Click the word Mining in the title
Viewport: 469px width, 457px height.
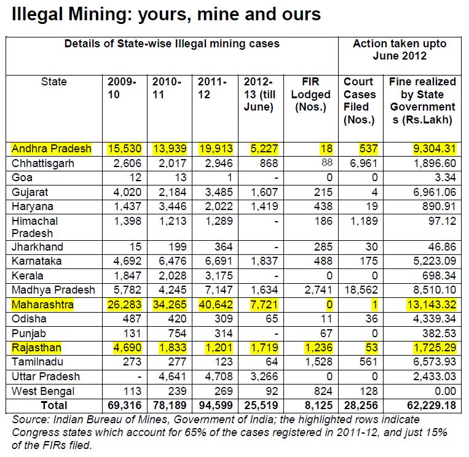point(100,15)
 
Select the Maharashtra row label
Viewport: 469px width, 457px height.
point(42,305)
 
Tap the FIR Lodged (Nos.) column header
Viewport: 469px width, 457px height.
point(311,94)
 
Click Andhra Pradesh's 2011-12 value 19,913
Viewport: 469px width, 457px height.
point(216,149)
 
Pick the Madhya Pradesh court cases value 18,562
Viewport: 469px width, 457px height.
point(361,290)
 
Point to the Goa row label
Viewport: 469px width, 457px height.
point(22,178)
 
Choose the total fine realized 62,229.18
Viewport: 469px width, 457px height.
point(432,405)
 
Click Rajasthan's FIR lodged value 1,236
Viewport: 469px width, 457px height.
point(318,348)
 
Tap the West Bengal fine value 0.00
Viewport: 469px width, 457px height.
point(446,391)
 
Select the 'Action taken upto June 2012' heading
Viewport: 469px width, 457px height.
point(400,50)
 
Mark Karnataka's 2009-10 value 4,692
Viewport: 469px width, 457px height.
point(127,261)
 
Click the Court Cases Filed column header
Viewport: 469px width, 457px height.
point(360,101)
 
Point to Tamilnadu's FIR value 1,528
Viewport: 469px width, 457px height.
point(318,362)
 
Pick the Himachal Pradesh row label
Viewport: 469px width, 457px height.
point(34,227)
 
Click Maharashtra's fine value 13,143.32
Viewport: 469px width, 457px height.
point(432,305)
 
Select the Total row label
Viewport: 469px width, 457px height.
point(54,405)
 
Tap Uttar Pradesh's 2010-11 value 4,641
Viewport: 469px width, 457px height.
point(173,377)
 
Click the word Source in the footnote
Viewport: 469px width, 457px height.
point(31,420)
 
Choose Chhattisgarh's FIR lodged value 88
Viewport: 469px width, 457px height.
point(326,163)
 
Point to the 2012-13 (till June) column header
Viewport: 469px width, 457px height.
point(259,94)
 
